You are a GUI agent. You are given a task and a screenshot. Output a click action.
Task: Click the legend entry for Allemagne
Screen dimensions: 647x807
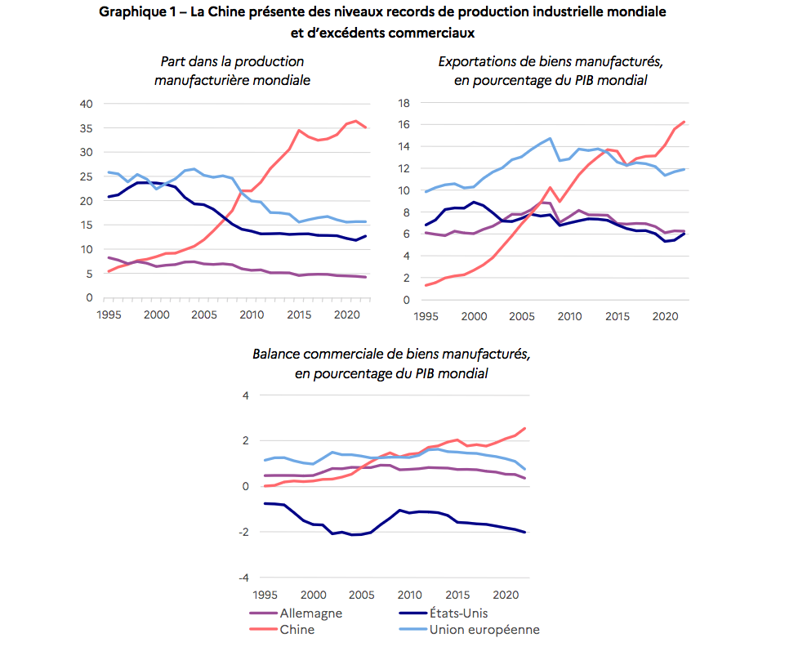point(310,613)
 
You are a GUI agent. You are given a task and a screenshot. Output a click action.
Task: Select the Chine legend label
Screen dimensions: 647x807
point(296,629)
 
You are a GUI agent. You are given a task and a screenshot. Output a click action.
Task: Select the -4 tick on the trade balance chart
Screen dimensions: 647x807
point(243,578)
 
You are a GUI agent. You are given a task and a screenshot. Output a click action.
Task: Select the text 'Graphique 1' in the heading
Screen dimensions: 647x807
point(134,13)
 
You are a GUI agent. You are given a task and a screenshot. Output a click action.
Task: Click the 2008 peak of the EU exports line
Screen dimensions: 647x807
point(550,138)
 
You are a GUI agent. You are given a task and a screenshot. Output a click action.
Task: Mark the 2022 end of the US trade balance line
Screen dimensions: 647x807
point(525,533)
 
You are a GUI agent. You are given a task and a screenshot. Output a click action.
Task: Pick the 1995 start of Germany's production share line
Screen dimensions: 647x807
point(109,257)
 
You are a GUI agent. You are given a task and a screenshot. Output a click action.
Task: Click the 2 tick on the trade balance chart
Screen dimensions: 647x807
point(243,440)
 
